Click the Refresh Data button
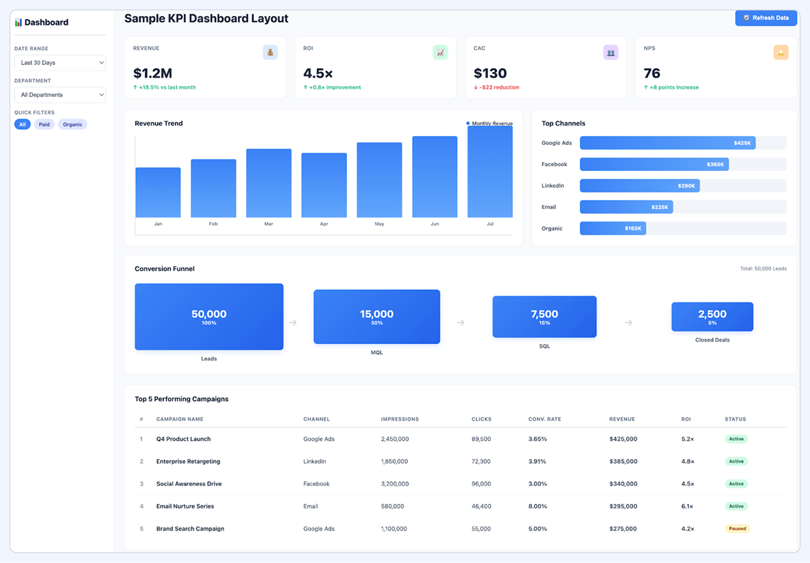(766, 18)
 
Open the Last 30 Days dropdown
(60, 63)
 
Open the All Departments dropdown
(60, 95)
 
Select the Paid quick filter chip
(44, 125)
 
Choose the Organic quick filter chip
(73, 125)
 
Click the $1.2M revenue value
(153, 73)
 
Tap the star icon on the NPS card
(780, 52)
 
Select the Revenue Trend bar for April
(324, 185)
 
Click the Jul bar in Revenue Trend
(490, 171)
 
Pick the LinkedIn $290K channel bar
(640, 186)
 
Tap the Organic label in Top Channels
(551, 229)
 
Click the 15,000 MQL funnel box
(376, 317)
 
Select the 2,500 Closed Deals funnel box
(712, 317)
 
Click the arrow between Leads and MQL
(293, 323)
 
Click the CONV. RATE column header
(545, 419)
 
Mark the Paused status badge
(737, 529)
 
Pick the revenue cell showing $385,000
(623, 461)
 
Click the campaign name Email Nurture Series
(185, 506)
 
